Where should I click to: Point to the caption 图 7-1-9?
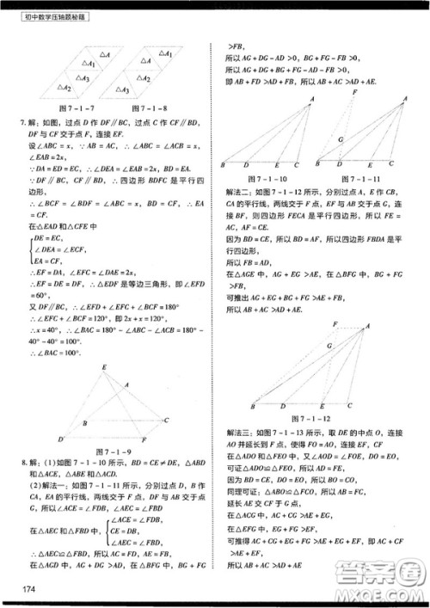[x=114, y=450]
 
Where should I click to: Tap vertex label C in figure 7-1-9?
[x=165, y=419]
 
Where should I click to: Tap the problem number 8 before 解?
[x=21, y=464]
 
